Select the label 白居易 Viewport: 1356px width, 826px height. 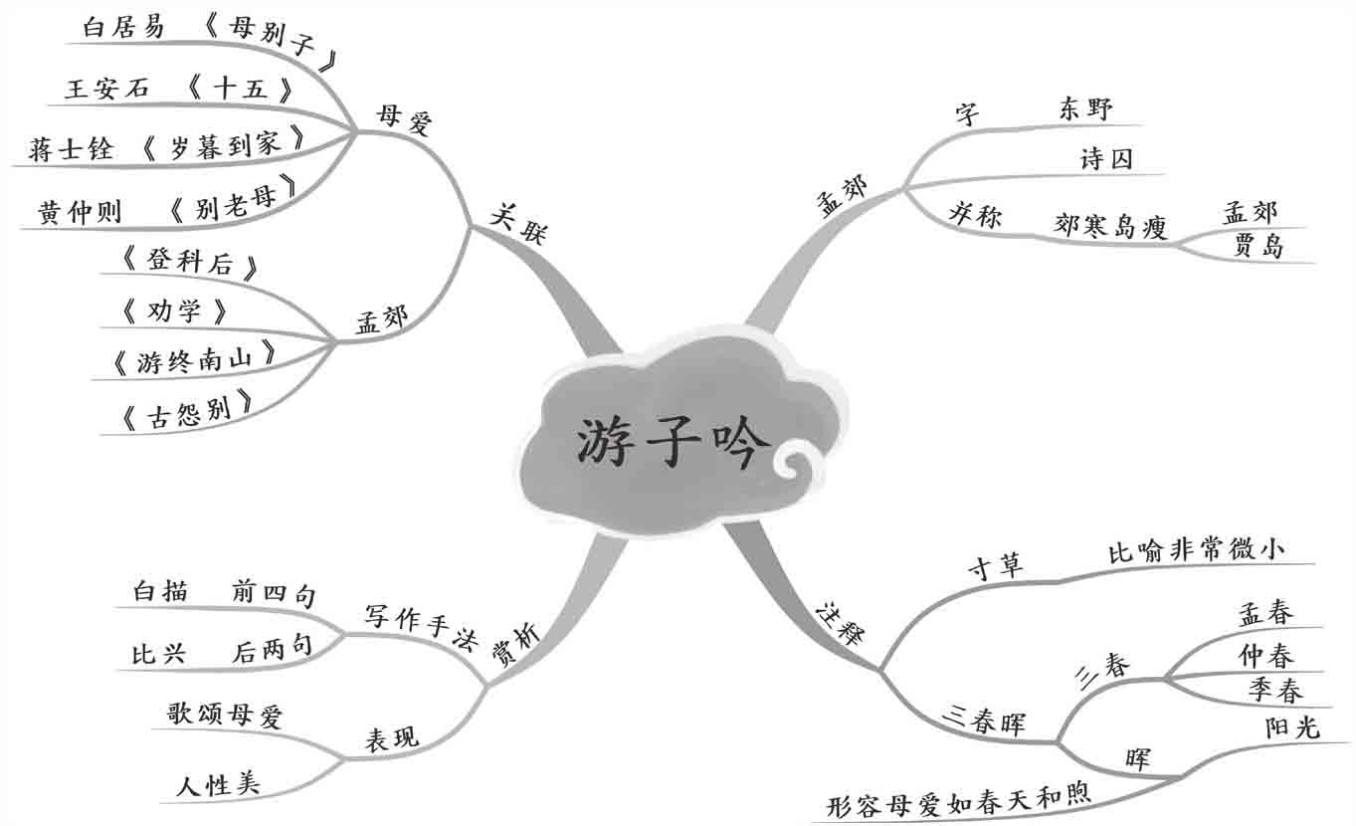(124, 28)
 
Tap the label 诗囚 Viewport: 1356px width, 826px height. (1106, 159)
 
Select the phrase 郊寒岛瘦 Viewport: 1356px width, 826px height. (1109, 227)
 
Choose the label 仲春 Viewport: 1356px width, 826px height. (1265, 656)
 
